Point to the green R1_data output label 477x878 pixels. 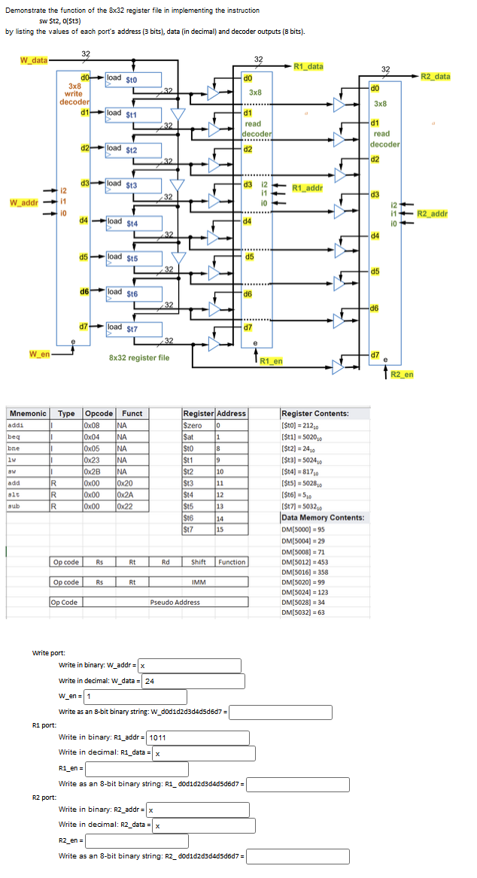pyautogui.click(x=308, y=66)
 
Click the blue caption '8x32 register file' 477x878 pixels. pyautogui.click(x=139, y=357)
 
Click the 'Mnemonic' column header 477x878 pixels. pyautogui.click(x=27, y=413)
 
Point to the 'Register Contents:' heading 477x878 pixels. pyautogui.click(x=314, y=413)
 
